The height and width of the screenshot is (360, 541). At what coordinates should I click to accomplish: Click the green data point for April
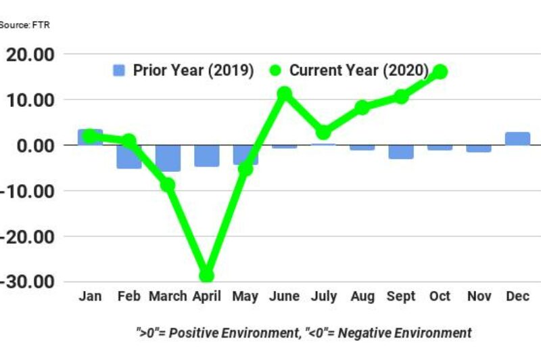tap(206, 275)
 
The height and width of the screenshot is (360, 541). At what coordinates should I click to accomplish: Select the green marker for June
tap(284, 93)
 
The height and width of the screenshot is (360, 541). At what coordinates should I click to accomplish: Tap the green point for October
tap(440, 72)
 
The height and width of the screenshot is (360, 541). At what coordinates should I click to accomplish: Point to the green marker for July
tap(323, 132)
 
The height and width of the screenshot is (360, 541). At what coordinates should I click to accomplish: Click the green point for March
tap(168, 185)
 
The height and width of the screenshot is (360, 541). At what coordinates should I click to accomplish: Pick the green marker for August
tap(362, 107)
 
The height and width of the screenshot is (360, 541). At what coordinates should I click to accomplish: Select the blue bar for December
tap(518, 138)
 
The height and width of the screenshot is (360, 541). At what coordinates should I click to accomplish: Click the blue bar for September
tap(401, 152)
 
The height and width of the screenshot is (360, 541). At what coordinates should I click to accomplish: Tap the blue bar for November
tap(479, 148)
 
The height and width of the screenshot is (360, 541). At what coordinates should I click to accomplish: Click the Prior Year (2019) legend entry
tap(183, 70)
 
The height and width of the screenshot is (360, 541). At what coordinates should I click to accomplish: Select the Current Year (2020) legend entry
tap(349, 70)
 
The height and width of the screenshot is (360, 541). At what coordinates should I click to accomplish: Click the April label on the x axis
tap(206, 297)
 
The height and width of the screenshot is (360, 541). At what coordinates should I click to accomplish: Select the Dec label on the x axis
tap(518, 297)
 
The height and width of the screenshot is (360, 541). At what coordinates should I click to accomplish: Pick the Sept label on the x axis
tap(401, 297)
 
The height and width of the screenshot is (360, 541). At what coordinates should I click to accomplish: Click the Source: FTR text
tap(24, 25)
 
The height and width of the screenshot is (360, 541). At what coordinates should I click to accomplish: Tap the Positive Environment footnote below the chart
tap(302, 332)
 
